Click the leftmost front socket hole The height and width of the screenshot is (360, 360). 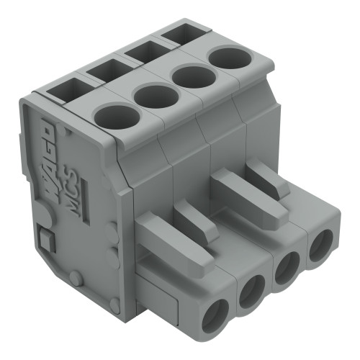[215, 315]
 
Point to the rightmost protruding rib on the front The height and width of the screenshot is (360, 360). [269, 177]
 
